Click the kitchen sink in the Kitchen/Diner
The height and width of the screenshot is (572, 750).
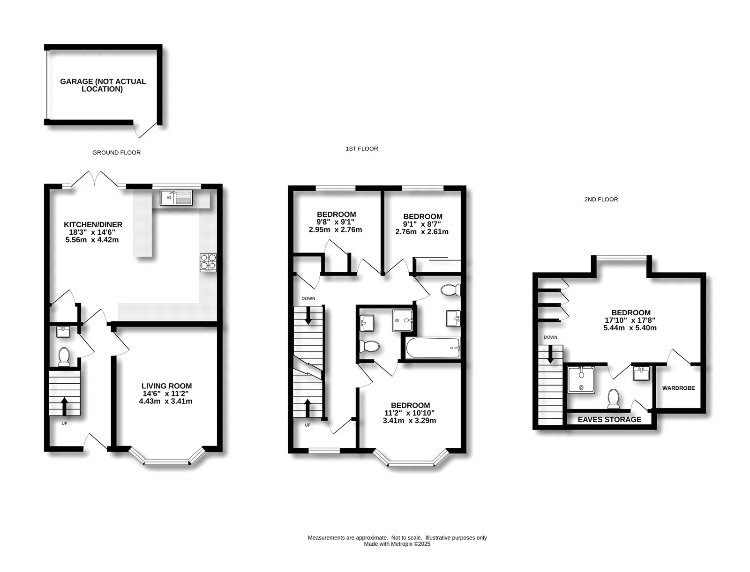tap(176, 198)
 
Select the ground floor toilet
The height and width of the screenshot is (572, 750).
tap(64, 357)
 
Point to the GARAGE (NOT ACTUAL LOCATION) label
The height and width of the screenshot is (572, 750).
tap(103, 85)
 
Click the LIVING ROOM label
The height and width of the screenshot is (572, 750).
tap(166, 386)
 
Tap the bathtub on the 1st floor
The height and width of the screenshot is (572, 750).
tap(433, 348)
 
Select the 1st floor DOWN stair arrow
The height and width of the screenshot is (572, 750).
tap(308, 316)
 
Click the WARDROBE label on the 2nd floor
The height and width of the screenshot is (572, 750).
tap(678, 388)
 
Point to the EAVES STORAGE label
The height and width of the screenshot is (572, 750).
tap(609, 419)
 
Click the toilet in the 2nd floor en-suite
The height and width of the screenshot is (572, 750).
tap(613, 399)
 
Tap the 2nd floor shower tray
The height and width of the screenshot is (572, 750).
tap(581, 380)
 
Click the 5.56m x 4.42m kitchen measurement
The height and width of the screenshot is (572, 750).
tap(92, 240)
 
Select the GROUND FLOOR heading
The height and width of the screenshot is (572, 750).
tap(116, 153)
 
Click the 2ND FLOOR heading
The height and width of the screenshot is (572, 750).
tap(601, 200)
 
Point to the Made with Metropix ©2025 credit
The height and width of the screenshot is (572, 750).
tap(397, 544)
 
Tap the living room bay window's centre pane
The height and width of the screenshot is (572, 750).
tap(166, 463)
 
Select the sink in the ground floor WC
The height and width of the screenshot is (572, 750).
tap(63, 332)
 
